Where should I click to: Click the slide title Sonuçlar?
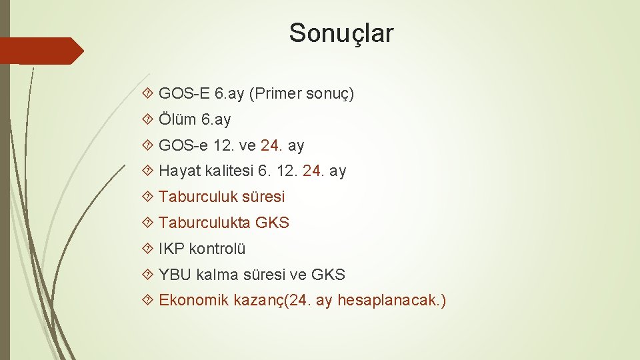(341, 33)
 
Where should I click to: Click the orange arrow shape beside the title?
(41, 51)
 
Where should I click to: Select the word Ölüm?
(177, 119)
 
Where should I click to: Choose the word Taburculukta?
(205, 223)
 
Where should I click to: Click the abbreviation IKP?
(171, 249)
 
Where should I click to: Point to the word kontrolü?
(217, 249)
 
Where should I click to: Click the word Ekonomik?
(193, 301)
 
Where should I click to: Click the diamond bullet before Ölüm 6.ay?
(149, 120)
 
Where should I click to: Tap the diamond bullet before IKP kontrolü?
(149, 249)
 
